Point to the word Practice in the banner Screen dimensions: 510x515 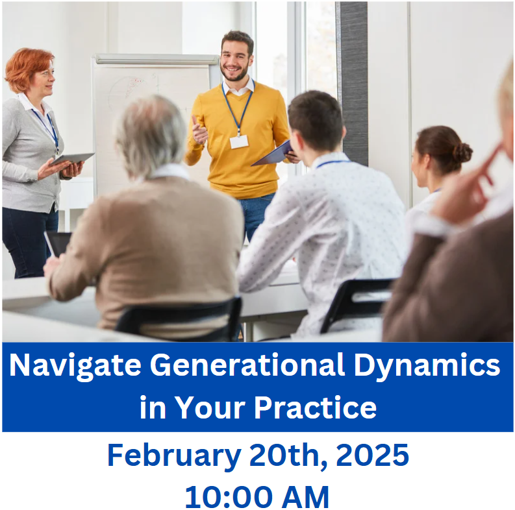point(315,407)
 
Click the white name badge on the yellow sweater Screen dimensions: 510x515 point(238,141)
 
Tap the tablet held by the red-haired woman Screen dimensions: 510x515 point(72,158)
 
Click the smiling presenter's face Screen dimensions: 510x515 point(236,58)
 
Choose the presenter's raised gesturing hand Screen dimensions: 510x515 point(199,130)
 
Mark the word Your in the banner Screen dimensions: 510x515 point(209,407)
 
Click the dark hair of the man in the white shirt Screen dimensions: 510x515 point(315,117)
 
